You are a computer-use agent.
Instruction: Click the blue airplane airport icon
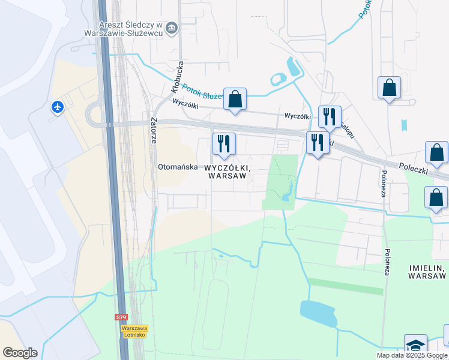click(58, 107)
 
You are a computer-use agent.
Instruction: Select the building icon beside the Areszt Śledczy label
click(172, 28)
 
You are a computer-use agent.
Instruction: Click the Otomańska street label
click(177, 167)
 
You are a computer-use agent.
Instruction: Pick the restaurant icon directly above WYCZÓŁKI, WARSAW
click(224, 143)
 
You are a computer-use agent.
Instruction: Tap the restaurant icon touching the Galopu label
click(330, 116)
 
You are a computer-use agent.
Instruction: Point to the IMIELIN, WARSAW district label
click(427, 271)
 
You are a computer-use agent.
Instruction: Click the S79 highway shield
click(121, 317)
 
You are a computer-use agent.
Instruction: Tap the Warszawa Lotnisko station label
click(134, 331)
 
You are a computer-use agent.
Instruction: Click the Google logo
click(20, 353)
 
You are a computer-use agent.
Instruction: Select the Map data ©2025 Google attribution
click(412, 355)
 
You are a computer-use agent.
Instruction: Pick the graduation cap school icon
click(415, 345)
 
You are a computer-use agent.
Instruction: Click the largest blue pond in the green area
click(318, 314)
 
